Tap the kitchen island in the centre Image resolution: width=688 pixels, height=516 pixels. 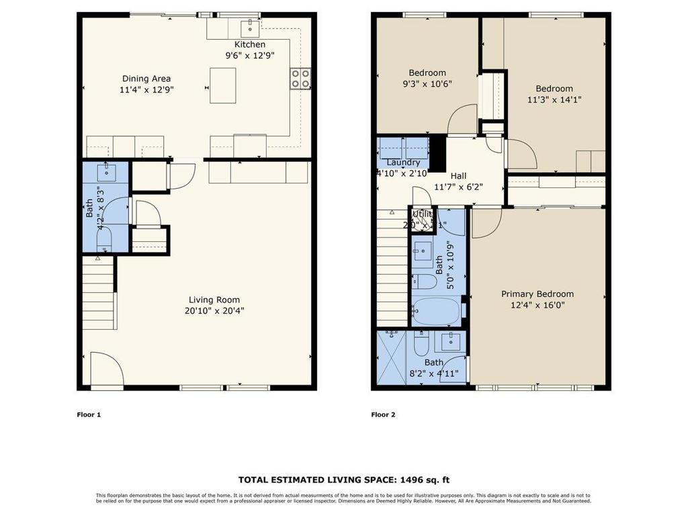(222, 85)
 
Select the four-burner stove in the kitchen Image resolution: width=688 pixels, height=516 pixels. (300, 79)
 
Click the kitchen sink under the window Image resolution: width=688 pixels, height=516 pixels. (250, 28)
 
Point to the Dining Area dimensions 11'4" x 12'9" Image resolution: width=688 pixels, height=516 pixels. (146, 89)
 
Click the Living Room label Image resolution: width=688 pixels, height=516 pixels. (214, 300)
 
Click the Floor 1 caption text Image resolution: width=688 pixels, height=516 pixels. (89, 415)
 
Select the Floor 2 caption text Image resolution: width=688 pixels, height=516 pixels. (383, 415)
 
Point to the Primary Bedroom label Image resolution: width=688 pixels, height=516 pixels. (537, 294)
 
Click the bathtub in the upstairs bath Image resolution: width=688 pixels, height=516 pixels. (436, 312)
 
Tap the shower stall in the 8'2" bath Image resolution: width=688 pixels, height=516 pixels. (392, 357)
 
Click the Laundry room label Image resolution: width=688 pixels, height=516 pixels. (403, 163)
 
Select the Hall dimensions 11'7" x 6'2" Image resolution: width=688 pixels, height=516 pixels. (458, 187)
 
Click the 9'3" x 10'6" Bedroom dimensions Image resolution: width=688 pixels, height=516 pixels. (427, 84)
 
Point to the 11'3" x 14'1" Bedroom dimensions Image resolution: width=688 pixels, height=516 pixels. (554, 99)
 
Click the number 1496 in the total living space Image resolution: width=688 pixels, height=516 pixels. (413, 480)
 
